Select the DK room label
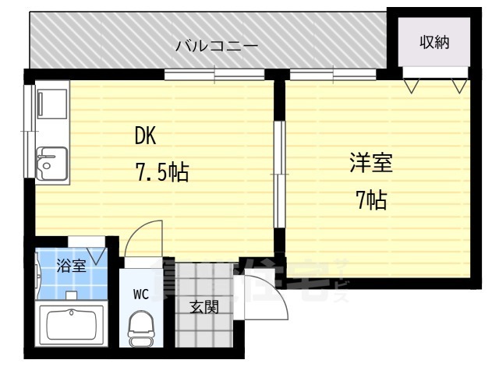(x=146, y=136)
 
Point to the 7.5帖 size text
(x=162, y=171)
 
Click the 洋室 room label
(x=370, y=165)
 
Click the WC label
(x=140, y=294)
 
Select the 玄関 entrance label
(x=204, y=307)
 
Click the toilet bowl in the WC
(x=141, y=323)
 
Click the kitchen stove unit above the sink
(x=51, y=107)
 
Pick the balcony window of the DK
(x=214, y=75)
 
